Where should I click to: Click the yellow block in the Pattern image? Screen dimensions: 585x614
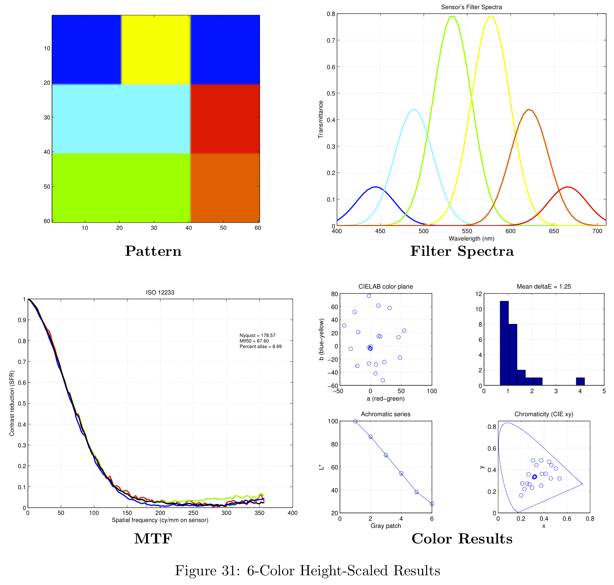click(x=155, y=49)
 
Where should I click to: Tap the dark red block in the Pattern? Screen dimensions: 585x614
click(x=225, y=118)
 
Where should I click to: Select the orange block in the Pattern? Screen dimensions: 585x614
click(x=225, y=188)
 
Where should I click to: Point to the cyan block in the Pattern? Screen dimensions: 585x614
click(x=121, y=118)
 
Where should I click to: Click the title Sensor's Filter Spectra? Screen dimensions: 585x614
click(x=471, y=7)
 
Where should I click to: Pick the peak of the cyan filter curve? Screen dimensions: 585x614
click(x=415, y=109)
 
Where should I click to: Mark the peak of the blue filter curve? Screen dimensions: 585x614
click(x=376, y=187)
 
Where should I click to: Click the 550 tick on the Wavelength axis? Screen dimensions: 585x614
click(x=467, y=231)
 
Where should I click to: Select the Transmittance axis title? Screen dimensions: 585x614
click(x=321, y=119)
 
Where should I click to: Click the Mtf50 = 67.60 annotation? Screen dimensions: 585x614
click(x=254, y=341)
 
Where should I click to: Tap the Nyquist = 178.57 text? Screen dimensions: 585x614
click(x=257, y=335)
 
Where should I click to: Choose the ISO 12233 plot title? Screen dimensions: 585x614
click(x=160, y=292)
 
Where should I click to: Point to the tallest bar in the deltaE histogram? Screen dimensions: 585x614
click(x=504, y=343)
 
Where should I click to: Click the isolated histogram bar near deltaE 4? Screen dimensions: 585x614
click(x=580, y=381)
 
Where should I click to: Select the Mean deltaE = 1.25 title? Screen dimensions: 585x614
click(x=544, y=287)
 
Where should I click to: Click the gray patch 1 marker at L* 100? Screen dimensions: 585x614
click(x=355, y=421)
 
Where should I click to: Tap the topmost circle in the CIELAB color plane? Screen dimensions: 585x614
click(x=369, y=296)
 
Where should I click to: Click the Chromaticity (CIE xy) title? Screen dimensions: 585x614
click(x=544, y=414)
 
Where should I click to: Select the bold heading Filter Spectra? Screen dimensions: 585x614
click(x=462, y=251)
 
